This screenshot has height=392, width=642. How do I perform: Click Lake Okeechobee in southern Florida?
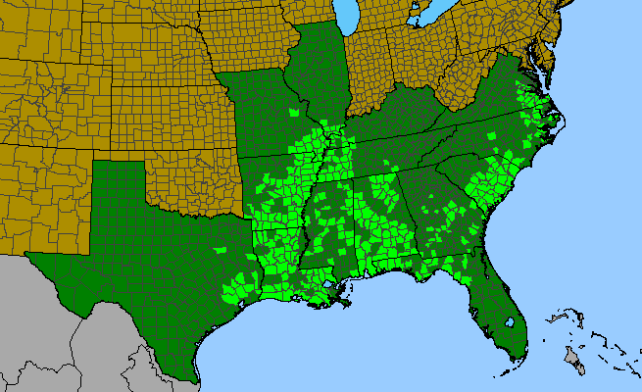(x=510, y=321)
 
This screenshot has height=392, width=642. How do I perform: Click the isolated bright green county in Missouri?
(x=293, y=113)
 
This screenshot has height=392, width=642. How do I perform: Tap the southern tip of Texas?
(x=195, y=379)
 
